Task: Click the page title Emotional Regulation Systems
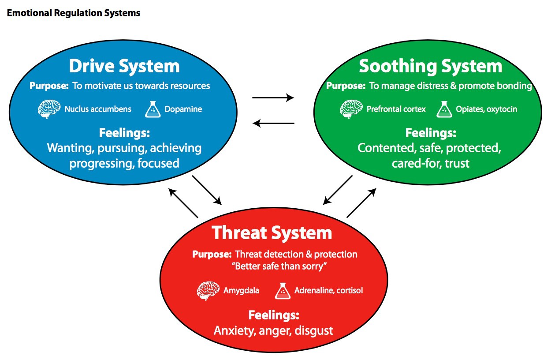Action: [x=73, y=13]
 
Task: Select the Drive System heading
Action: [x=124, y=66]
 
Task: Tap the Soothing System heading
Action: [x=430, y=66]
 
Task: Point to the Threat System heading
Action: [x=272, y=232]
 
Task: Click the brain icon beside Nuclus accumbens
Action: [x=48, y=109]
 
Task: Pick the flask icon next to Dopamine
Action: [x=153, y=109]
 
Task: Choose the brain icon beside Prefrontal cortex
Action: [x=351, y=109]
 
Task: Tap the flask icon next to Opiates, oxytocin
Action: [x=444, y=109]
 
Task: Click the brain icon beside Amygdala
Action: [x=208, y=291]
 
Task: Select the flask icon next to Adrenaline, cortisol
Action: [x=282, y=291]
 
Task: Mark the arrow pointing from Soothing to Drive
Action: [x=273, y=124]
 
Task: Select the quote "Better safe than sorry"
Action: [x=275, y=266]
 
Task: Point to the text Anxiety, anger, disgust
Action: [x=273, y=330]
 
